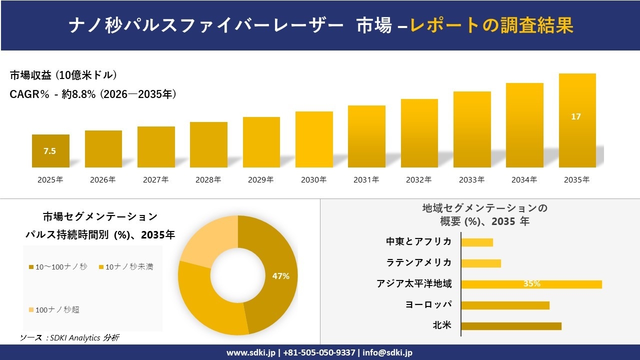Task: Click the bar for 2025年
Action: point(50,151)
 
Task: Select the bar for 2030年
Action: point(314,139)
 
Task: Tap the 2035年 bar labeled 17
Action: point(577,120)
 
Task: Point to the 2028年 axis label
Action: point(208,180)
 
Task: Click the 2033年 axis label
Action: point(471,180)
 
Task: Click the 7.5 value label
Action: point(49,151)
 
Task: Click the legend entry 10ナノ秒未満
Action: point(129,267)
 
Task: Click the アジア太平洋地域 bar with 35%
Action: point(531,284)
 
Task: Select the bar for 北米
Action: point(511,326)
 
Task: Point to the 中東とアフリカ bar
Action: point(477,242)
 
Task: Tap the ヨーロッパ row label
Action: point(428,304)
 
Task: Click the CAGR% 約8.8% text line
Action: point(93,94)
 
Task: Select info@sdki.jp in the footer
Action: point(387,352)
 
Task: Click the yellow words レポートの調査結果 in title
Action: point(491,25)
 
